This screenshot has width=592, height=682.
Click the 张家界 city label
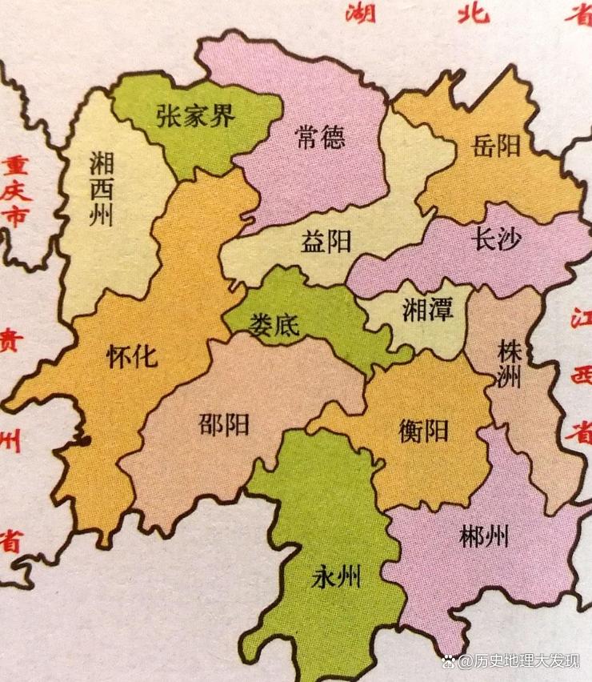(196, 117)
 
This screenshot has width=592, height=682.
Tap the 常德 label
(319, 138)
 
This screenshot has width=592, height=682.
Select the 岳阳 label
(496, 146)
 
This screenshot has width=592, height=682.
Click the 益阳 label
(326, 241)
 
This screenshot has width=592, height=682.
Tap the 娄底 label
(274, 325)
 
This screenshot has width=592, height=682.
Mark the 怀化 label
(132, 358)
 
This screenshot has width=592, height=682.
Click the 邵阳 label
(224, 423)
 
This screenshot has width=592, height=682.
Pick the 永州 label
(337, 576)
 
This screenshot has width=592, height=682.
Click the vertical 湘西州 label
(102, 189)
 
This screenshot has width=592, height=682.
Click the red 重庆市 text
(14, 191)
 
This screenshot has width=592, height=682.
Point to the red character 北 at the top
(474, 13)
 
